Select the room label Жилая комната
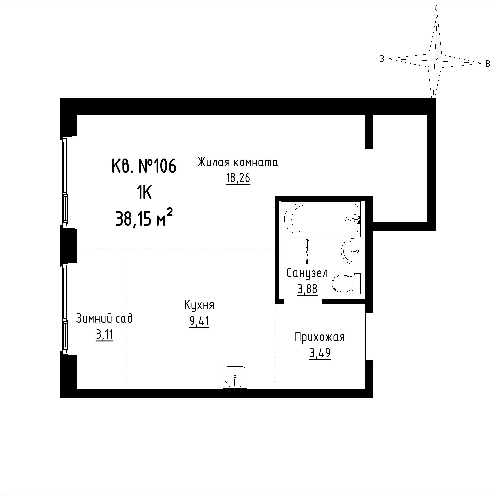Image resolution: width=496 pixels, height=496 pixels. (238, 163)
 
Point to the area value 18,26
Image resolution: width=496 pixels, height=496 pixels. (238, 178)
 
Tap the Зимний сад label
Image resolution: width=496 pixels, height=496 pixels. (104, 319)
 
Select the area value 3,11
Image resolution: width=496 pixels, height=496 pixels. (104, 335)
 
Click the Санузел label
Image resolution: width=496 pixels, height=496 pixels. (307, 273)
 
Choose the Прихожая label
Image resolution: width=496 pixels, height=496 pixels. (320, 337)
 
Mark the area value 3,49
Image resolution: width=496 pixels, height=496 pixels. (320, 353)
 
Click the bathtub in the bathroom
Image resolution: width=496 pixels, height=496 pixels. (321, 219)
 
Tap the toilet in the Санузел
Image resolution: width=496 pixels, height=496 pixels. (347, 284)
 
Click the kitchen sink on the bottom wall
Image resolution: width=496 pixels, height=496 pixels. (235, 376)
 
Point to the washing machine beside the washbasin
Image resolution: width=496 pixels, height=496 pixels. (295, 252)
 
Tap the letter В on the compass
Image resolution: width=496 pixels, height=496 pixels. (488, 64)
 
